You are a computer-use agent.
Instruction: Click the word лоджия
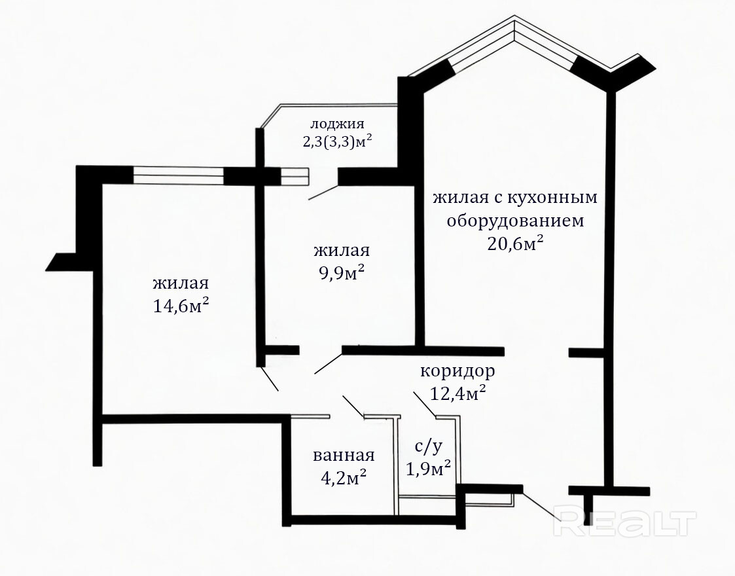[337, 124]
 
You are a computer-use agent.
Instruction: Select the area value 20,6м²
[516, 243]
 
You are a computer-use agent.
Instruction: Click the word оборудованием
[515, 220]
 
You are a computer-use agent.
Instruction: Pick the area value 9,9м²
[342, 273]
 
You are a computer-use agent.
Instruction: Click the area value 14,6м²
[181, 306]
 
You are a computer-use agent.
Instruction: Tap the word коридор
[457, 371]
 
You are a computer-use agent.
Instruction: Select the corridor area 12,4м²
[457, 393]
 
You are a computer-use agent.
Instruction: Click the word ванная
[343, 456]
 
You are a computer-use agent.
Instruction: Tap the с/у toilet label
[429, 446]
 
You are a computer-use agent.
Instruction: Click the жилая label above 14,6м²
[181, 283]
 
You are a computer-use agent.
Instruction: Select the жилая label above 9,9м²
[342, 250]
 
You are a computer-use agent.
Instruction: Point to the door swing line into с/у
[424, 404]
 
